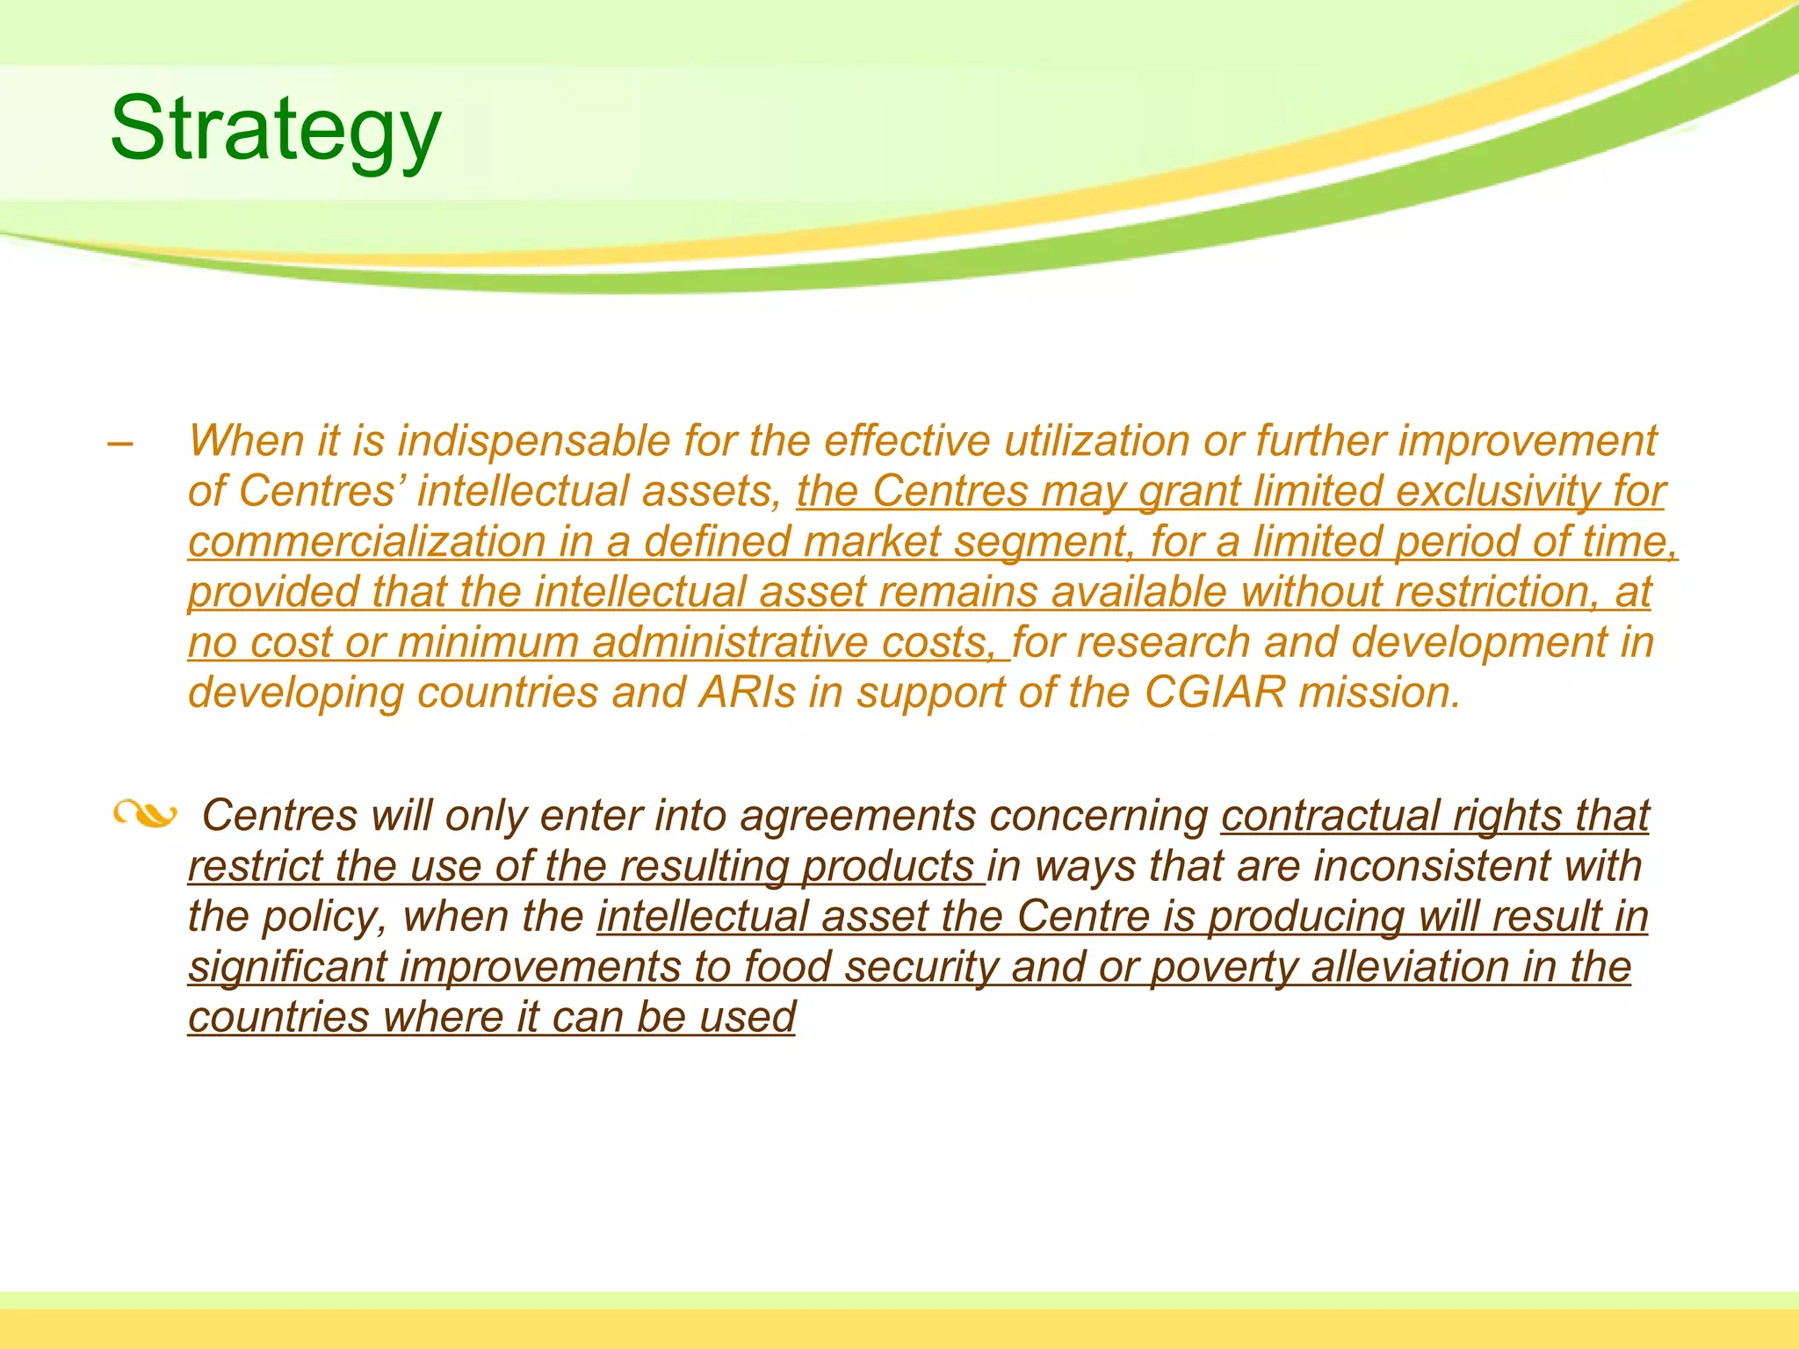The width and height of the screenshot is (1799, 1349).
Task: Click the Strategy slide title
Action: [275, 130]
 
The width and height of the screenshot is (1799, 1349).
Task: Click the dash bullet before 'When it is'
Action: [120, 444]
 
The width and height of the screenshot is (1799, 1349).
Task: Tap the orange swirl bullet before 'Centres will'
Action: [145, 815]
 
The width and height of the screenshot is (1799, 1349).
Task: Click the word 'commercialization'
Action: [366, 542]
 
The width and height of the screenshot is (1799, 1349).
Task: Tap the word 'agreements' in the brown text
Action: [857, 816]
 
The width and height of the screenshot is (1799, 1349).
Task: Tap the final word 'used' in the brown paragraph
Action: [748, 1017]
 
